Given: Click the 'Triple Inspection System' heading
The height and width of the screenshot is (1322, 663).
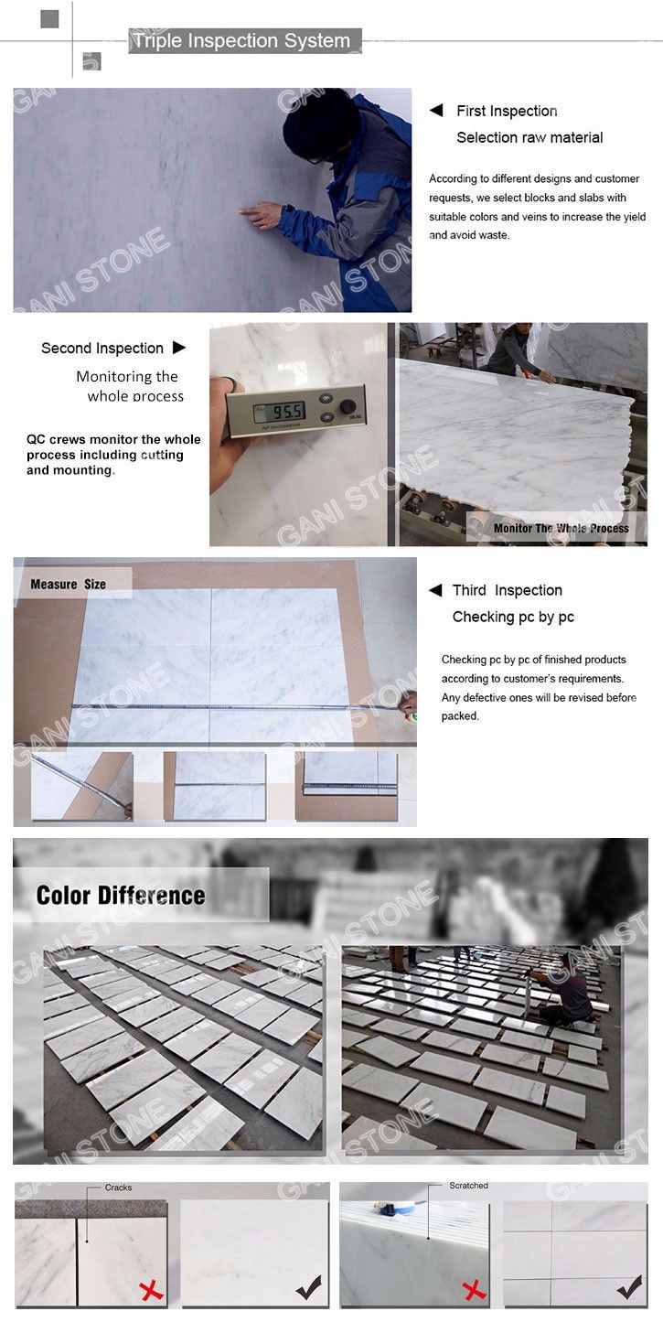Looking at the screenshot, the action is [x=241, y=41].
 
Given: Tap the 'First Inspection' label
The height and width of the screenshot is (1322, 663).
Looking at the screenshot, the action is [x=507, y=111].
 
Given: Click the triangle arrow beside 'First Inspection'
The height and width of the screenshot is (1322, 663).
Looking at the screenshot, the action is [x=436, y=111].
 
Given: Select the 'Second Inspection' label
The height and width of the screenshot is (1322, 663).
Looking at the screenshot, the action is [x=102, y=349].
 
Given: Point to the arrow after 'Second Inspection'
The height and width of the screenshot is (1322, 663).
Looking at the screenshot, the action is [x=179, y=348].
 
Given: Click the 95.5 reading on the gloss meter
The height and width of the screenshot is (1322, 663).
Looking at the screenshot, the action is [x=287, y=411].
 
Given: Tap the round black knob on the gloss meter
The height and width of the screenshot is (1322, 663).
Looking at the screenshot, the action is [x=348, y=406].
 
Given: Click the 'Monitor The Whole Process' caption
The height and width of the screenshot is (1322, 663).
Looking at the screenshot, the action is [x=561, y=528].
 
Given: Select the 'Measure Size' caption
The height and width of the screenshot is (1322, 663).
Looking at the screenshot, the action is [x=68, y=585].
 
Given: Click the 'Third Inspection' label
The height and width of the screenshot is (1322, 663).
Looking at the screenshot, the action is [x=508, y=590].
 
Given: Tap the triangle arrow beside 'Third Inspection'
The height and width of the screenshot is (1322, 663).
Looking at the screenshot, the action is [x=435, y=590].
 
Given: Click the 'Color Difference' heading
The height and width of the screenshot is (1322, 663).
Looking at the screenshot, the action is [x=121, y=896].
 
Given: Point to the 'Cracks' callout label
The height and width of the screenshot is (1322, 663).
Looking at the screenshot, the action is [x=118, y=1188].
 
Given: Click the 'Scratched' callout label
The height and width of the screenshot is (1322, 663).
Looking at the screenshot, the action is [x=469, y=1185].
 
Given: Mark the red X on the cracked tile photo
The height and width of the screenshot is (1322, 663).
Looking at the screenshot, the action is [x=152, y=1291].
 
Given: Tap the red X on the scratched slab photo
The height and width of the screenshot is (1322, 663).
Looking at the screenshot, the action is [x=474, y=1290].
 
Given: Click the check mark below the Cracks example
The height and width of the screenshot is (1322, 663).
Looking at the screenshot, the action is [x=308, y=1287].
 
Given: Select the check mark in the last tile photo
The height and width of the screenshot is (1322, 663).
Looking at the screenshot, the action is [x=629, y=1286].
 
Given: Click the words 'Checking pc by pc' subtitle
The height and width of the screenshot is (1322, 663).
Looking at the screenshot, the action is [x=513, y=617].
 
